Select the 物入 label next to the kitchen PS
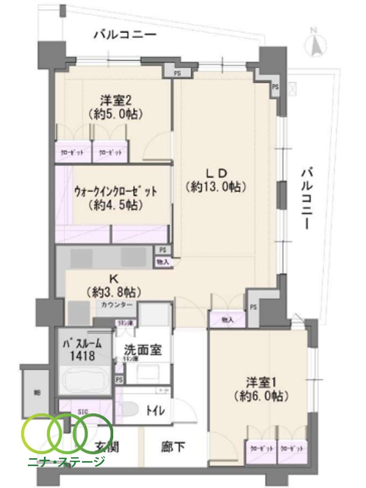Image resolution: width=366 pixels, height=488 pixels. (x=163, y=262)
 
